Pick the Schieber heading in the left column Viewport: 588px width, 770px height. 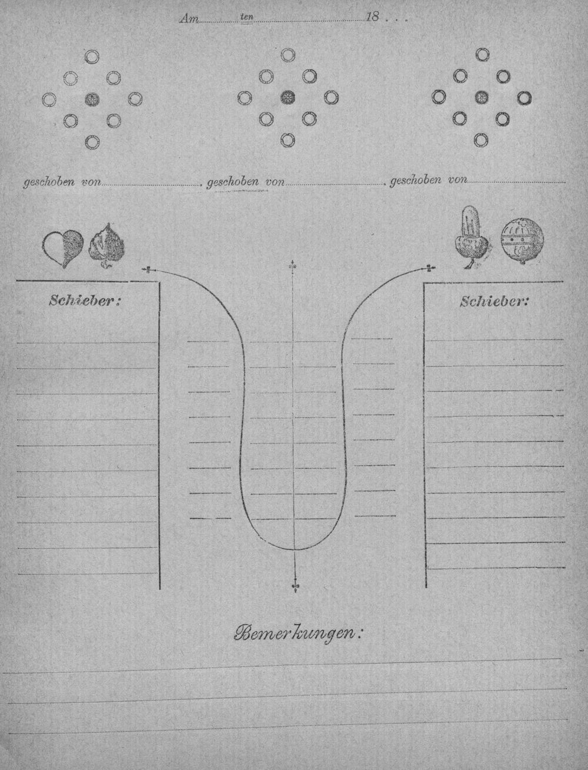(85, 301)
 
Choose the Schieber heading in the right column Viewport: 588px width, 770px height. (493, 301)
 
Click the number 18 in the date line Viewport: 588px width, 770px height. (372, 17)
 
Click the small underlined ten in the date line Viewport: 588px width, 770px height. (247, 17)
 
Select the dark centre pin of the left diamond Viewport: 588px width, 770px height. (92, 99)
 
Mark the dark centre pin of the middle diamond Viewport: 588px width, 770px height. (288, 97)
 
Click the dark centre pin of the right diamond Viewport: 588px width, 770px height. (482, 97)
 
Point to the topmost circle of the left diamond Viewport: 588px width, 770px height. (92, 57)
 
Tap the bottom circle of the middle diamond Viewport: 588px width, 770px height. (288, 140)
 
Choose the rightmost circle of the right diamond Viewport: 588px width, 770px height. (524, 98)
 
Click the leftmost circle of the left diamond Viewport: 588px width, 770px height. (49, 99)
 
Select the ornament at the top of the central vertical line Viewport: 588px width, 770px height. (292, 266)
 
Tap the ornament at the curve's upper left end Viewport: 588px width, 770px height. (148, 270)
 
